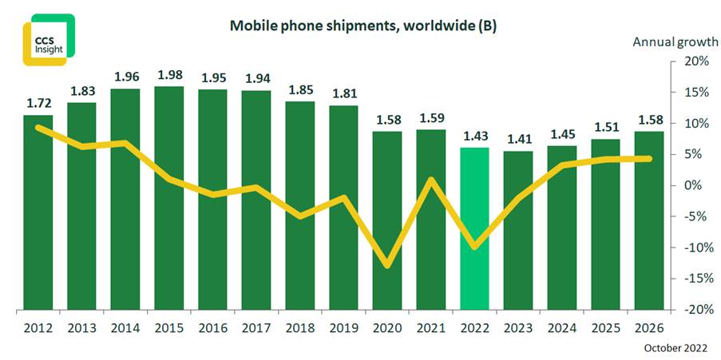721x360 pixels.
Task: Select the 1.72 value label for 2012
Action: click(x=38, y=104)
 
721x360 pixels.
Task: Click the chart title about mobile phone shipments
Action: click(x=363, y=26)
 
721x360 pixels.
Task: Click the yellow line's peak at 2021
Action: click(x=432, y=180)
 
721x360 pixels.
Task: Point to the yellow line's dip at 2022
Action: click(x=475, y=247)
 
